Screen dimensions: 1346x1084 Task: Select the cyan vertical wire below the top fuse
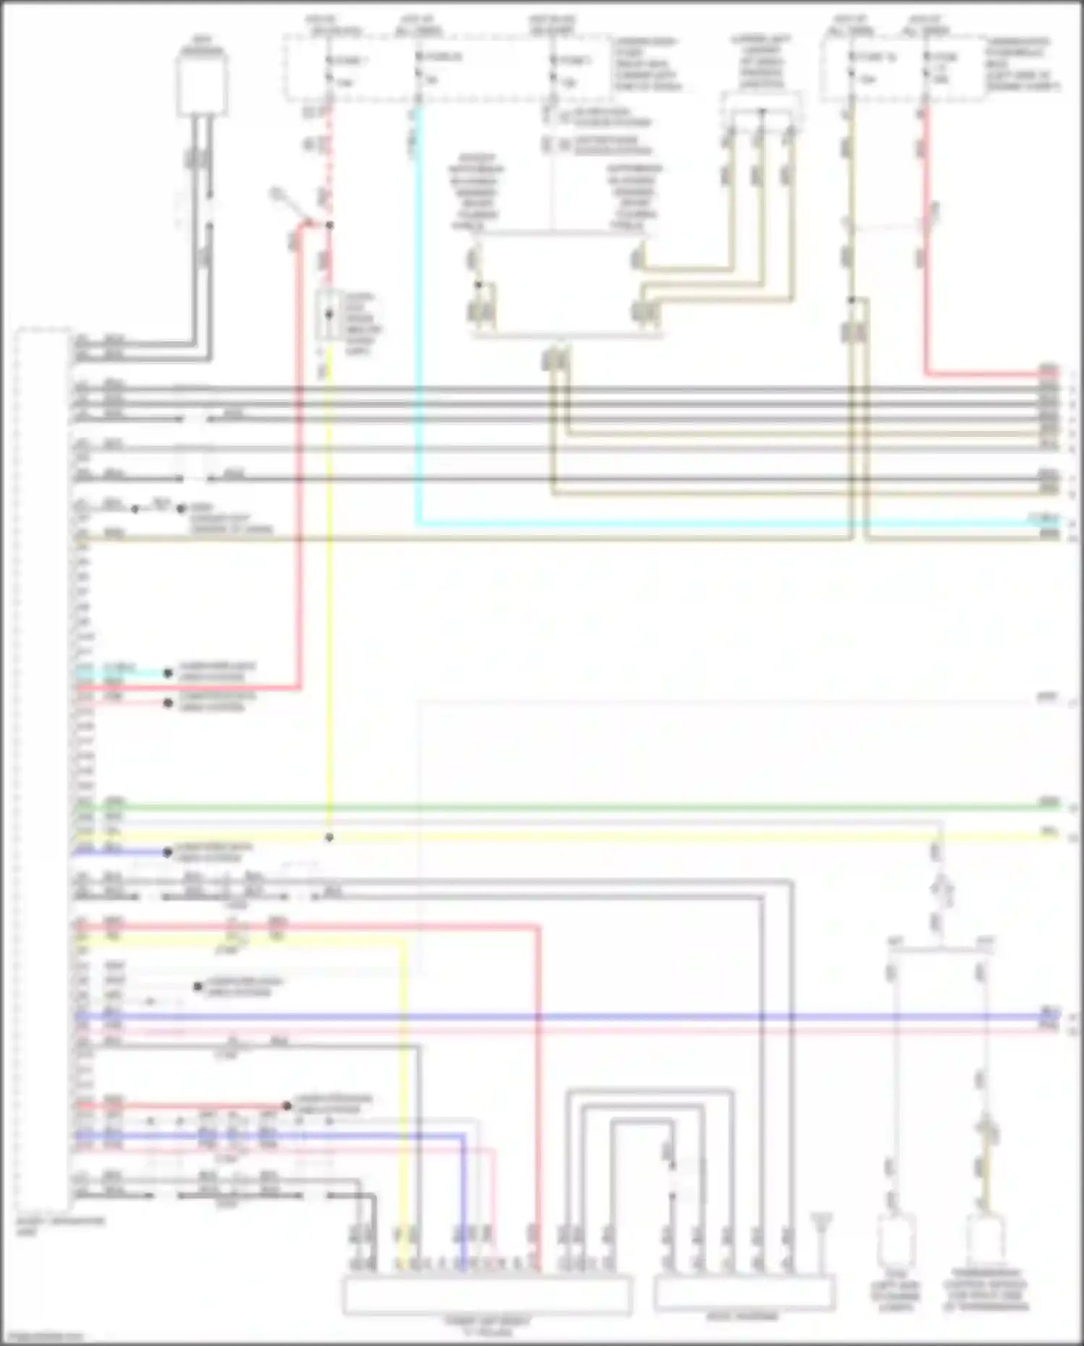tap(418, 325)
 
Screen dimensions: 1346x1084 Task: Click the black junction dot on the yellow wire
tap(329, 838)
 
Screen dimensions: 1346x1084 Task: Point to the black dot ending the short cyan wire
tap(168, 673)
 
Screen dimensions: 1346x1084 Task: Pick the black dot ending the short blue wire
tap(167, 852)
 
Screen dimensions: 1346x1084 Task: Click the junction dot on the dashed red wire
tap(329, 226)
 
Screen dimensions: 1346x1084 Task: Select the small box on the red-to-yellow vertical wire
tap(330, 315)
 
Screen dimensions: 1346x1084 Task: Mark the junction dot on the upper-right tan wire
tap(852, 299)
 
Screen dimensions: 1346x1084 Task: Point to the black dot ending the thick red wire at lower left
tap(287, 1106)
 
